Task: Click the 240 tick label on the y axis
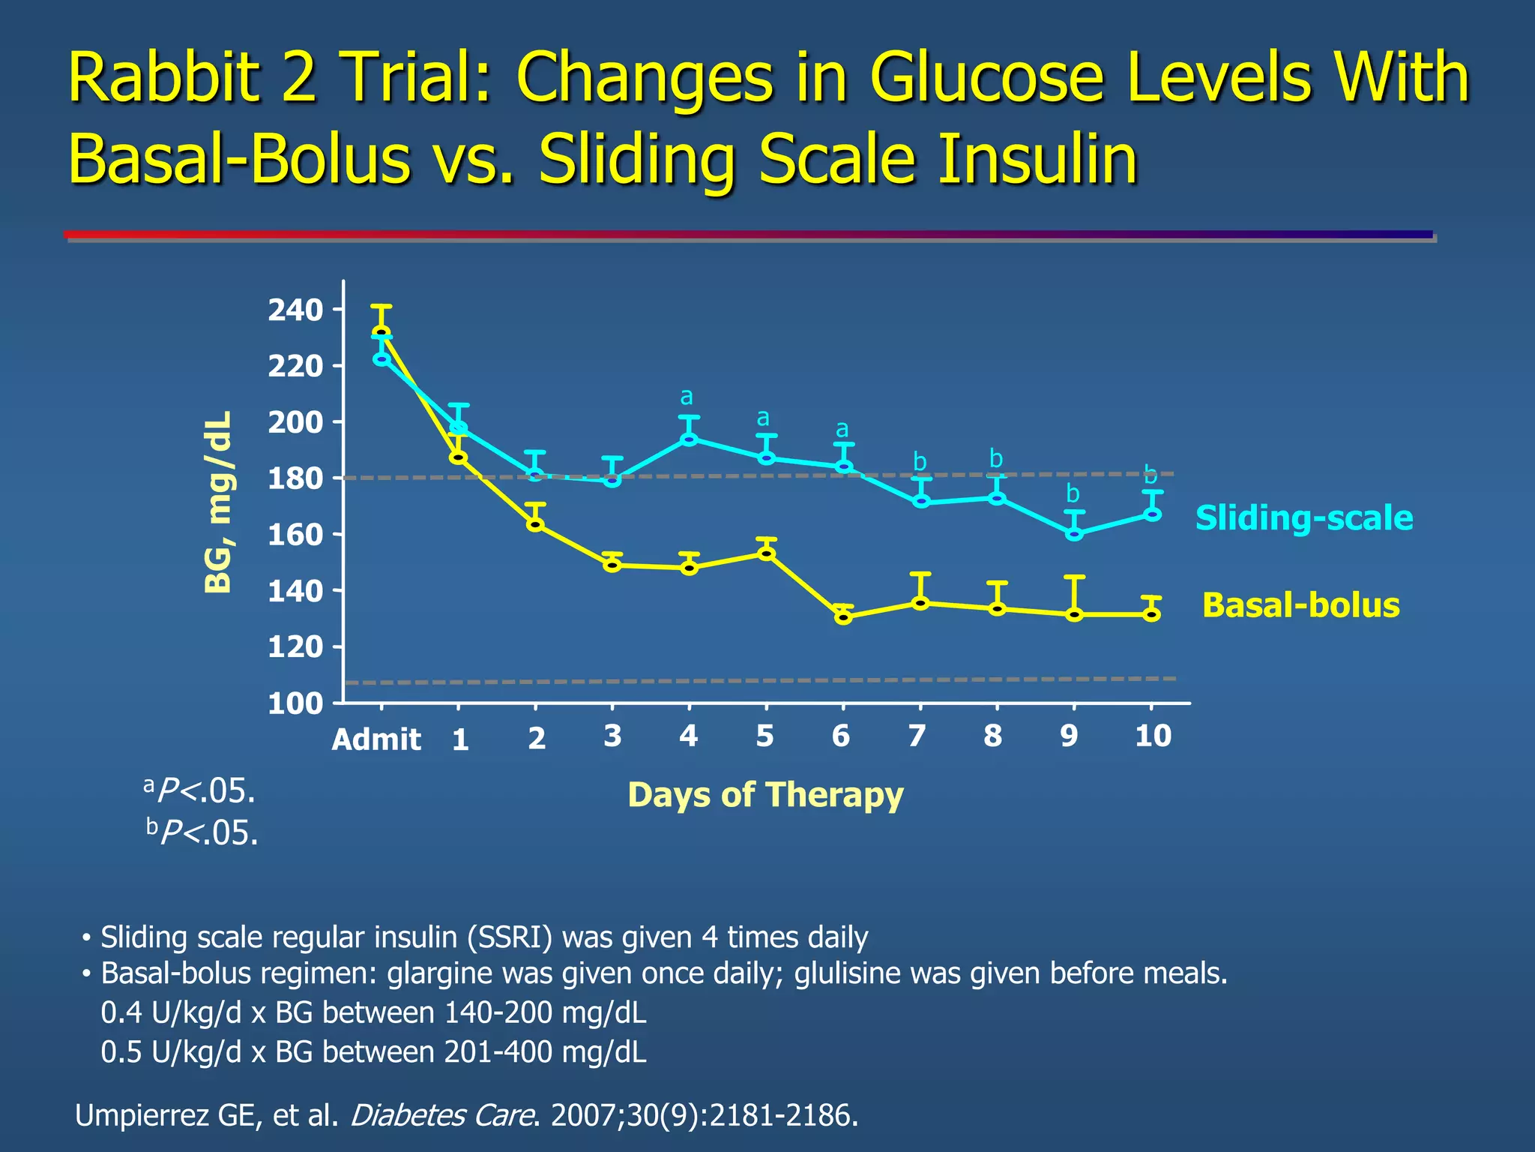[295, 310]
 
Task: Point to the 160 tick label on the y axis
[295, 535]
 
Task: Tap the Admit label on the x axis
[376, 739]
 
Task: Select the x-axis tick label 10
[1153, 736]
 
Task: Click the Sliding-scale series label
[1303, 518]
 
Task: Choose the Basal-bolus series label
[1300, 605]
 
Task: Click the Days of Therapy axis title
[765, 795]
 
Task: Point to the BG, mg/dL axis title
[219, 502]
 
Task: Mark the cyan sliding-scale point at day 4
[690, 439]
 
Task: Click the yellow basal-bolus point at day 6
[843, 617]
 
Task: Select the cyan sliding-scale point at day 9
[1074, 534]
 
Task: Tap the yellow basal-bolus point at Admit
[382, 332]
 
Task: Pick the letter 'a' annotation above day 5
[763, 418]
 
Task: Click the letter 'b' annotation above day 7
[920, 462]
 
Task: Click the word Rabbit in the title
[165, 78]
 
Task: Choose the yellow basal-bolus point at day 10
[1152, 614]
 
